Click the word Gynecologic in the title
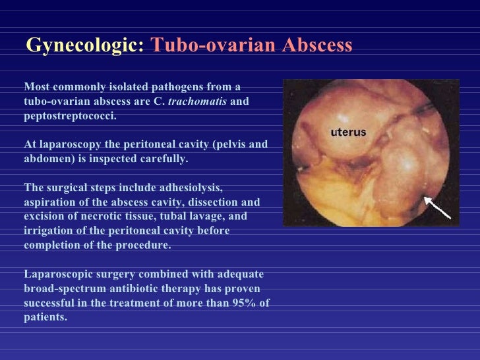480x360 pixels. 84,45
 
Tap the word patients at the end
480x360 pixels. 45,317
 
